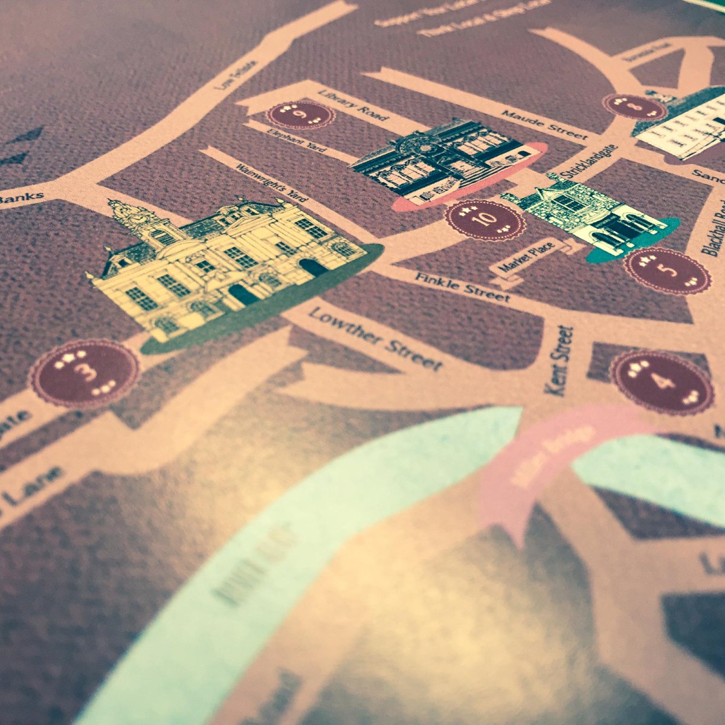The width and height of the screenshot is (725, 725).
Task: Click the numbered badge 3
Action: pos(85,372)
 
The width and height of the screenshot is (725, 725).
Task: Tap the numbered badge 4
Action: pos(660,382)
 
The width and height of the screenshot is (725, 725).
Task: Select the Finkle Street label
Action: pos(462,286)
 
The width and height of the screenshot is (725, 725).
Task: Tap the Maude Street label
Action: pos(544,123)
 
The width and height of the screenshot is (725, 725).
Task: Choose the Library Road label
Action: pos(356,106)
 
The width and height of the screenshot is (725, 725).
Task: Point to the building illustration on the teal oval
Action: pos(589,217)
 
